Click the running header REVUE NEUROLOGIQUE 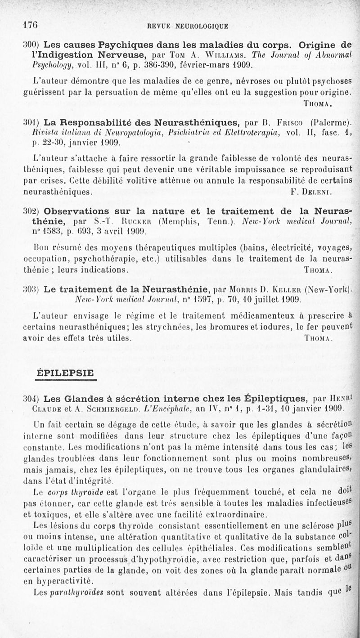[x=188, y=26]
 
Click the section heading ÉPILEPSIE [x=65, y=373]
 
